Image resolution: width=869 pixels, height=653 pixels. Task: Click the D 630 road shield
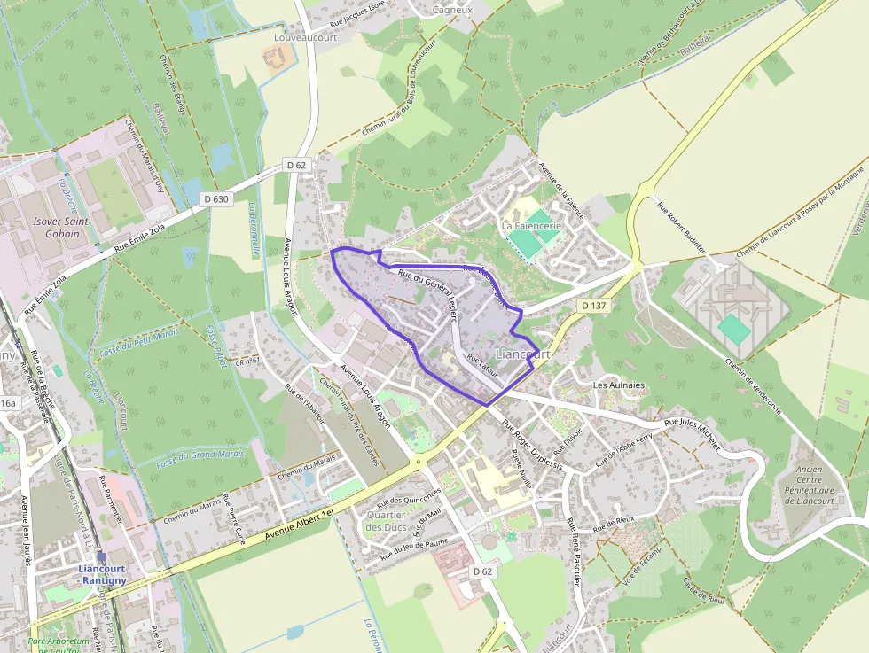(215, 199)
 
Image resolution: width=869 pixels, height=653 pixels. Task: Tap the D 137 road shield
(593, 305)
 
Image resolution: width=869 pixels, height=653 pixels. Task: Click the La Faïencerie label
(532, 226)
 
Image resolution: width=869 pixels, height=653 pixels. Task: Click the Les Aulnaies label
(618, 385)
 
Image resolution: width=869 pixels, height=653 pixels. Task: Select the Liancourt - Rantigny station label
(102, 574)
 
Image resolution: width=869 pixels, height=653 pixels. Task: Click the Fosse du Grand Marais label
(200, 457)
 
